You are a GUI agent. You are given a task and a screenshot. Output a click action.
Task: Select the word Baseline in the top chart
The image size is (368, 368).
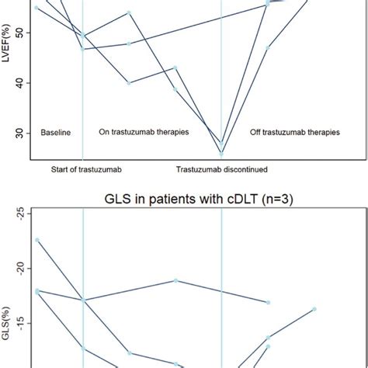55,133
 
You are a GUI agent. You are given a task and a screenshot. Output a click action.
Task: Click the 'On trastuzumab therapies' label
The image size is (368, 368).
144,133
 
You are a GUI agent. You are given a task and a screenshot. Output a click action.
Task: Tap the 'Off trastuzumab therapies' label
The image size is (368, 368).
294,133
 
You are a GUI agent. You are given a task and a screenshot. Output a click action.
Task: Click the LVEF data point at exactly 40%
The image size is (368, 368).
129,83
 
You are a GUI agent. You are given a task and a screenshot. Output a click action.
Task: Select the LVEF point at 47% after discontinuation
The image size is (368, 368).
268,47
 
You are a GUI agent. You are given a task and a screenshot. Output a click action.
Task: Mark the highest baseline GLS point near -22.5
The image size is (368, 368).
36,240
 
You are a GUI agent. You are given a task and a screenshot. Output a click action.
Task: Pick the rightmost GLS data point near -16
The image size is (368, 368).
314,309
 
